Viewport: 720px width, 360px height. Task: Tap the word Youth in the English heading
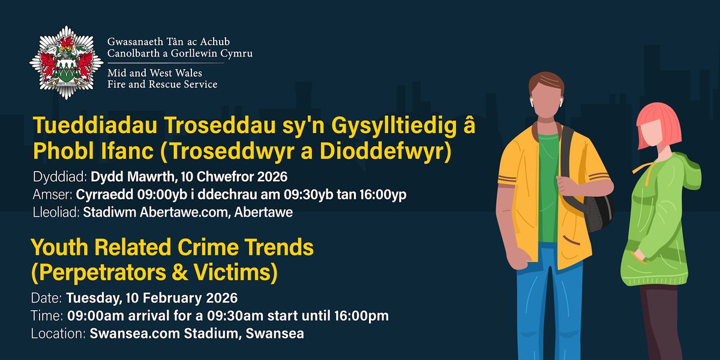coord(62,247)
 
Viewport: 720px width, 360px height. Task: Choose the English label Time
coord(44,316)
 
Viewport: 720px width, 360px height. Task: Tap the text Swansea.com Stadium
coord(166,334)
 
